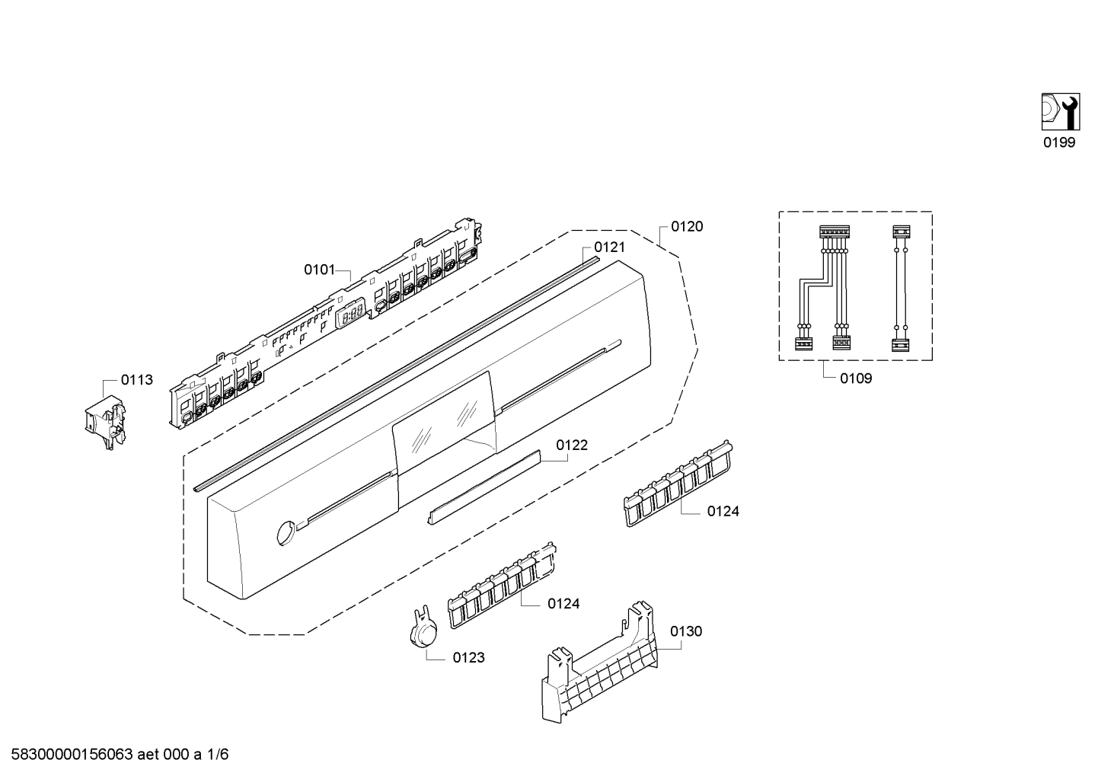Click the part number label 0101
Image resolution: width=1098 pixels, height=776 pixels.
tap(319, 270)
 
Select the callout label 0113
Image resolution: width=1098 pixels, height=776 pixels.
tap(137, 380)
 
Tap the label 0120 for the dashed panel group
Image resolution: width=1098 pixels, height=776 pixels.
tap(687, 226)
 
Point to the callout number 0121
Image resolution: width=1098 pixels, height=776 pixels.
tap(609, 247)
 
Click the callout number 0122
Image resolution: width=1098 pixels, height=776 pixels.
tap(572, 445)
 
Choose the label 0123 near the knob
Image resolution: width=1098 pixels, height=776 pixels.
tap(468, 658)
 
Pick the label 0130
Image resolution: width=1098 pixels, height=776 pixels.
tap(686, 631)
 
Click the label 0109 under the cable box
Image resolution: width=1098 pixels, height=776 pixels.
tap(856, 378)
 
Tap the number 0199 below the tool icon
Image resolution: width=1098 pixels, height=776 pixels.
tap(1059, 142)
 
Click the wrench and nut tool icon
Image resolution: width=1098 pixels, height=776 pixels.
tap(1059, 111)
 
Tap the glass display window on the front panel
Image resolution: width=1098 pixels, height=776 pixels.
tap(444, 423)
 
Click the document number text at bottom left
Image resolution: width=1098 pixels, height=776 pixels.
tap(115, 755)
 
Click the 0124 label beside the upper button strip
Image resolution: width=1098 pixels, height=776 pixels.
tap(723, 512)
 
